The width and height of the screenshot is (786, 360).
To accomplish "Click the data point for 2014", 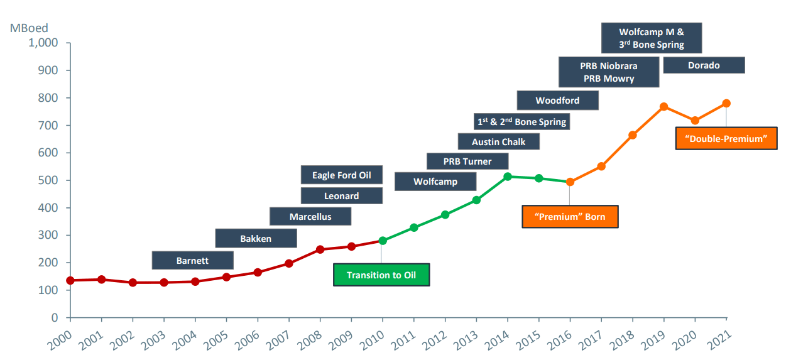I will click(x=508, y=177).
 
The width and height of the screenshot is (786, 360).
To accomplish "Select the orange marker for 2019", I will click(x=663, y=107).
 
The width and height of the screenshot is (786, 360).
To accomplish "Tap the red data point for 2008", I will click(x=320, y=249).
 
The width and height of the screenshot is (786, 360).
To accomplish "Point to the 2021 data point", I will click(x=726, y=103).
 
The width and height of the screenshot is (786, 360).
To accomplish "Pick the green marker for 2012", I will click(x=445, y=215).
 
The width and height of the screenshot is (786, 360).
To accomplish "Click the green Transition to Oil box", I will click(x=381, y=275).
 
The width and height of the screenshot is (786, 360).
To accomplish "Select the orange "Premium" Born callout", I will click(x=570, y=217).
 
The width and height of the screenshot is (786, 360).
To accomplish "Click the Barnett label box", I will click(x=192, y=260).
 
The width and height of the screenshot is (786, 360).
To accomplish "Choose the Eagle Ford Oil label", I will click(x=342, y=175).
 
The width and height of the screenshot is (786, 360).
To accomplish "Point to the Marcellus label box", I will click(x=310, y=217).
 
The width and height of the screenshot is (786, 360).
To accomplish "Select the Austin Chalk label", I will click(x=498, y=141).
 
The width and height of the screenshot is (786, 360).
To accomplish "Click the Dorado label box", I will click(x=704, y=65).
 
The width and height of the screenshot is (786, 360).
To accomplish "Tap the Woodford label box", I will click(x=557, y=101).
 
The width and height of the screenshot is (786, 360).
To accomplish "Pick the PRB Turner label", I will click(x=467, y=161).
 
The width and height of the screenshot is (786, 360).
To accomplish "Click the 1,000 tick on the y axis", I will click(x=43, y=43).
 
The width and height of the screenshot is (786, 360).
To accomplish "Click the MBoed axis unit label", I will click(x=29, y=28).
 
